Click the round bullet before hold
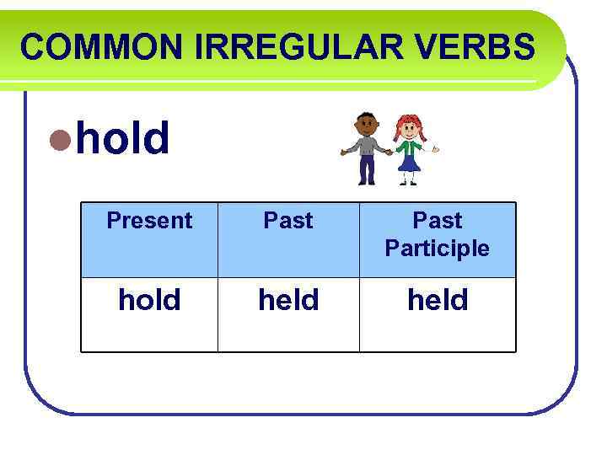59,140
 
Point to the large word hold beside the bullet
123,138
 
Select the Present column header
149,221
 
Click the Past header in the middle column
288,221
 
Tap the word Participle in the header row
437,249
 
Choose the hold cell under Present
149,300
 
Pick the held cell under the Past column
288,300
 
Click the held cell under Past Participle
437,300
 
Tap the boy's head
367,124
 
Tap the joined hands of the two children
388,153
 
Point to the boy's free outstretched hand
343,153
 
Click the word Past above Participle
437,221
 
